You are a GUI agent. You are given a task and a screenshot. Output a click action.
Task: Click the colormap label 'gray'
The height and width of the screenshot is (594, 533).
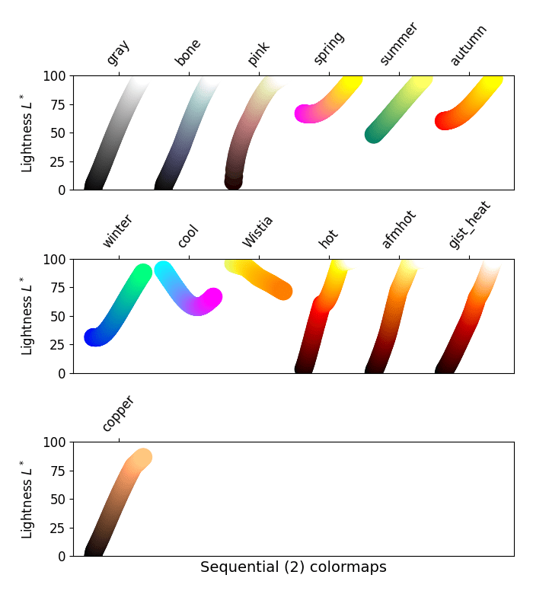coord(118,53)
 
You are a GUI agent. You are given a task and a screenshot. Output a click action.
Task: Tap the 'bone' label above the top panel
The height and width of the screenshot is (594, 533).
coord(188,53)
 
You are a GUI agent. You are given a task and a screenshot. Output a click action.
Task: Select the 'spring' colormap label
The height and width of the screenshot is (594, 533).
coord(329,49)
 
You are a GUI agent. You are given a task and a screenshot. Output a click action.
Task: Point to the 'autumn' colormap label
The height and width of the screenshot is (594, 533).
coord(468,46)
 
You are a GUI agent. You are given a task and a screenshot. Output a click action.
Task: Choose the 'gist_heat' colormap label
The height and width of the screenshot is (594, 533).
coord(469,225)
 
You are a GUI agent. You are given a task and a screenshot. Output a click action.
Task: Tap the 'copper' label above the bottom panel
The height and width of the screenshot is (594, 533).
coord(118,414)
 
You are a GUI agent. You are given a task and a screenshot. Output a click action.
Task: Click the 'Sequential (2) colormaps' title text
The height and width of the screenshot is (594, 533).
coord(293,567)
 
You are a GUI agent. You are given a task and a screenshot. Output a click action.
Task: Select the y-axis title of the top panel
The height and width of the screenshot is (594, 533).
coord(27,133)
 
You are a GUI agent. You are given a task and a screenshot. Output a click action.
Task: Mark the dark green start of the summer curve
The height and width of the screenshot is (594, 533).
coord(374,134)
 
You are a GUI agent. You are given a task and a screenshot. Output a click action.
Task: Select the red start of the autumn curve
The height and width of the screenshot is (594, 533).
coord(444,120)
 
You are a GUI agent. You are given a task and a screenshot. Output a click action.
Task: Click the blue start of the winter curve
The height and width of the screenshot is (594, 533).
coord(93,337)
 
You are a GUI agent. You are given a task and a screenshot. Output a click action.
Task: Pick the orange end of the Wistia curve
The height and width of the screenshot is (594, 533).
coord(283,291)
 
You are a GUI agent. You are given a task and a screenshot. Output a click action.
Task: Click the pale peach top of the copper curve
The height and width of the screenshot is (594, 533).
coord(142,457)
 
